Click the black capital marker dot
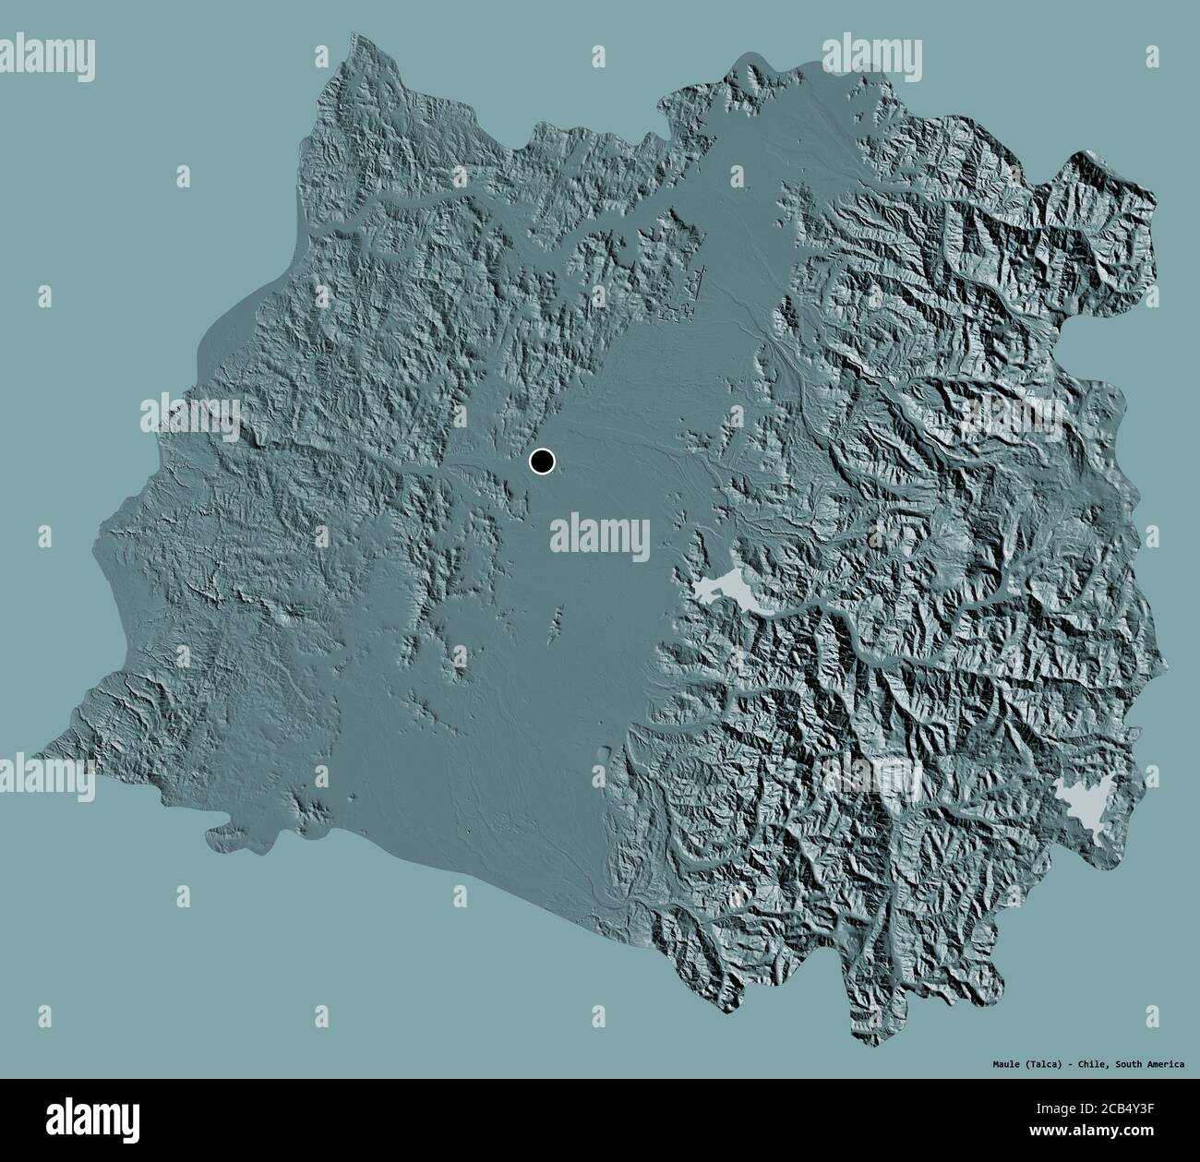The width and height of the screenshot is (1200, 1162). tap(542, 461)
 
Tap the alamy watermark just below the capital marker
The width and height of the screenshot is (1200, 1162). tap(600, 534)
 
